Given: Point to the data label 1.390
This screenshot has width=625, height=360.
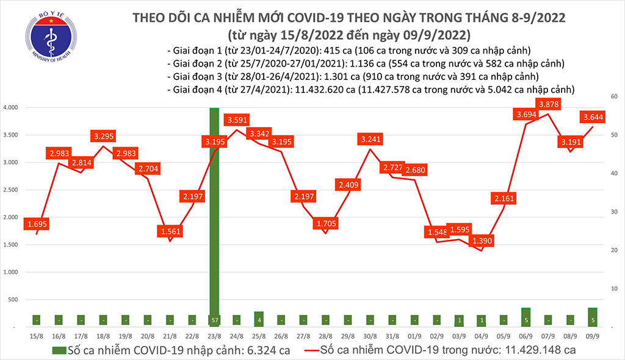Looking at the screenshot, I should click(482, 242).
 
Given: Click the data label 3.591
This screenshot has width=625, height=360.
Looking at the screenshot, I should click(237, 120).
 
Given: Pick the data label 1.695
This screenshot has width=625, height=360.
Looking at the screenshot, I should click(37, 225).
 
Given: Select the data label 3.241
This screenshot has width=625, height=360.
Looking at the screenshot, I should click(372, 140).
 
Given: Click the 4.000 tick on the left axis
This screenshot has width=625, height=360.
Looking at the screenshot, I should click(11, 107).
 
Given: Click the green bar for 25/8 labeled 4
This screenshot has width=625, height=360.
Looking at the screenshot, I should click(259, 319).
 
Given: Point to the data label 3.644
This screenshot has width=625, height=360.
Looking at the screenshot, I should click(591, 117).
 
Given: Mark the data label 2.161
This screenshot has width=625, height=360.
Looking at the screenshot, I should click(504, 198).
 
